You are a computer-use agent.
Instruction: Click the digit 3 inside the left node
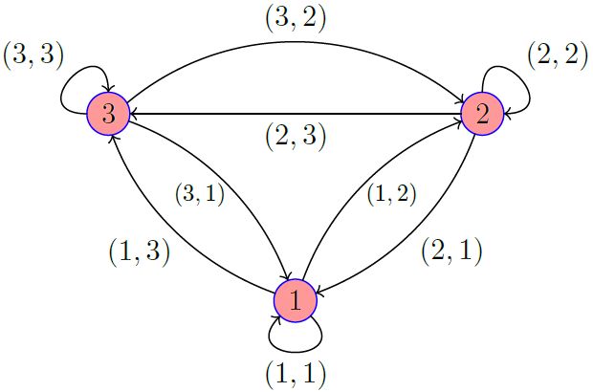(108, 114)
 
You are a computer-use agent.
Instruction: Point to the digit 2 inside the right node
(482, 115)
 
